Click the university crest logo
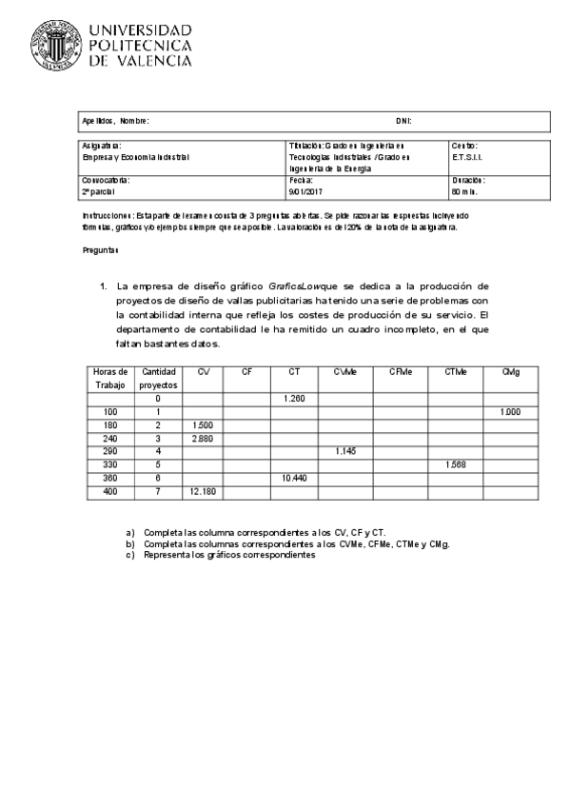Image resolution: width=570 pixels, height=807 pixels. point(54,46)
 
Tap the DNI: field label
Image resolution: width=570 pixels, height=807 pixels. point(403,121)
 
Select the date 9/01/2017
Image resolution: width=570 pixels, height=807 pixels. point(306,190)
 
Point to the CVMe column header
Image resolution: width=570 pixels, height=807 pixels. point(345,371)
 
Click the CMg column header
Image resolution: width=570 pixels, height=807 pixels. point(510,371)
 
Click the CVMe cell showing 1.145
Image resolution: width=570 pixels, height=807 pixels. point(345,451)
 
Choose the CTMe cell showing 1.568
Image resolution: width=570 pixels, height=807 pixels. point(455,464)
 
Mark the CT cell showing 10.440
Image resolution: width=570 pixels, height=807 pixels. point(293,478)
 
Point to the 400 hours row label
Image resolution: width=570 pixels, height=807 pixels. point(109,491)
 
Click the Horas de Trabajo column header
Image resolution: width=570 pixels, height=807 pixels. point(109,378)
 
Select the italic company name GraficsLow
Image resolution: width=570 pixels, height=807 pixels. point(295,285)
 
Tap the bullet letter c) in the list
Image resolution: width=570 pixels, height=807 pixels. point(130,555)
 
